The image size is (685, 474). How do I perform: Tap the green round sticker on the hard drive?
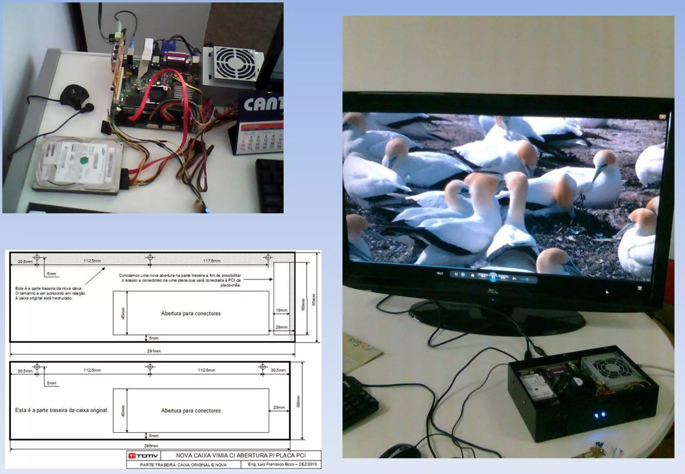(84, 161)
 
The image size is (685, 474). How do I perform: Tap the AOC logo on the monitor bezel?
(492, 291)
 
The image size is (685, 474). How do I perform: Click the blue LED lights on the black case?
(600, 415)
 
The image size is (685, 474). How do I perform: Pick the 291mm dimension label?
(154, 351)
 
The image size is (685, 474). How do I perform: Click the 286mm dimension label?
(151, 446)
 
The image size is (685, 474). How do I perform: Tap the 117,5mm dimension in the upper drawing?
(212, 261)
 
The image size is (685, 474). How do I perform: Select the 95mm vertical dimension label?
(314, 300)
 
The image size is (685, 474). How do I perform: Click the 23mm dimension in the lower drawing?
(279, 407)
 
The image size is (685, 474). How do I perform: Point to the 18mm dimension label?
(281, 310)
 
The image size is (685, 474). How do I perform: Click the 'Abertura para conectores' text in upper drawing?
(191, 314)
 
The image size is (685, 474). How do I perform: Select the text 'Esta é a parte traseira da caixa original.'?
(62, 410)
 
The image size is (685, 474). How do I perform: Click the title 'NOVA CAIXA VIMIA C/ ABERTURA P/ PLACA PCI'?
(241, 455)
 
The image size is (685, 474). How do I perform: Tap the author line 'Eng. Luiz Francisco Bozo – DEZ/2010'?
(282, 464)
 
